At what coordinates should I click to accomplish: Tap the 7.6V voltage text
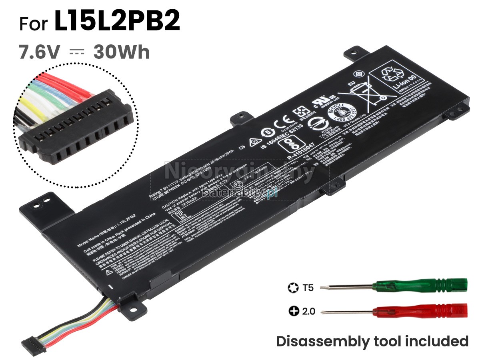coord(40,52)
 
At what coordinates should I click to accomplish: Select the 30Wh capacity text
coord(122,52)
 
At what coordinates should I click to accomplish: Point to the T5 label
coord(308,287)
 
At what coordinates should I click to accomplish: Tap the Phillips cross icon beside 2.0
coord(294,311)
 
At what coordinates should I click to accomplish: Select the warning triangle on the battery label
coord(108,272)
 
